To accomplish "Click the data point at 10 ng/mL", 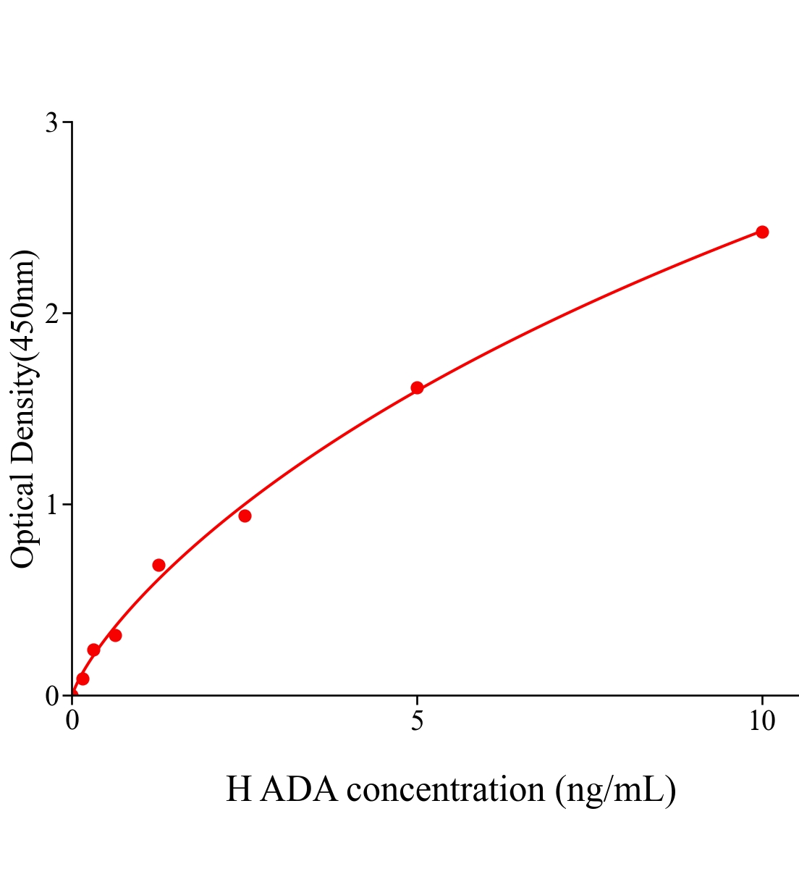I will coord(762,232).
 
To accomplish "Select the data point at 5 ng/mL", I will coord(417,387).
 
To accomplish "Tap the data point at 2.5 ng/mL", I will coord(245,516).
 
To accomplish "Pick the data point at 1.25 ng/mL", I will coord(158,565).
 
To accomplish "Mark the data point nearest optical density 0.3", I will coord(115,635).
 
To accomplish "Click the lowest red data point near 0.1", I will coord(83,679).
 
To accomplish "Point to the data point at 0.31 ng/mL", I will coord(93,650).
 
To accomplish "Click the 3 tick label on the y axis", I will coord(52,123).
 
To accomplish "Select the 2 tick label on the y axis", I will coord(52,314).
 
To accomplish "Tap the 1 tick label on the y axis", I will coord(52,504).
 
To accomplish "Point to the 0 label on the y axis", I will coord(52,696).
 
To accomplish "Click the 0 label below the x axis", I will coord(72,721).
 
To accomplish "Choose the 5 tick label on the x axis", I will coord(417,721).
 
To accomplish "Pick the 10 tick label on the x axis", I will coord(762,721).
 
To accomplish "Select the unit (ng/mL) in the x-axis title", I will coord(615,789).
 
